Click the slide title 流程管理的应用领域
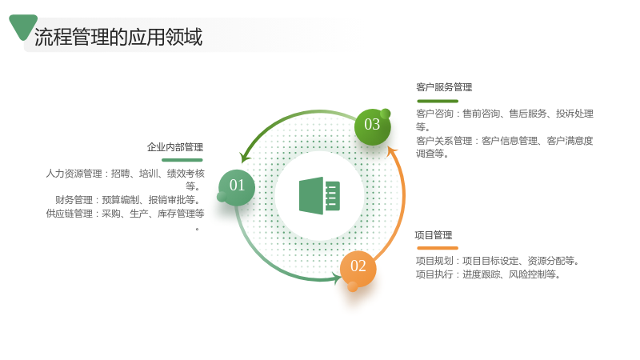click(x=118, y=37)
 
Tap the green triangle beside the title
click(x=23, y=26)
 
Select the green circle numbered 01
click(x=237, y=187)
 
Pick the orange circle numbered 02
click(x=358, y=269)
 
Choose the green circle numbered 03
click(x=372, y=126)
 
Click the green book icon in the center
click(x=319, y=195)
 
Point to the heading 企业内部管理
click(x=175, y=147)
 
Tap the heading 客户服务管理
click(x=444, y=87)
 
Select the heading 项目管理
click(x=434, y=235)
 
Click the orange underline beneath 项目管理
click(x=438, y=248)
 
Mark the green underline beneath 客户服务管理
click(x=438, y=101)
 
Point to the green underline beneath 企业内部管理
click(x=182, y=160)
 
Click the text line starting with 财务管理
click(x=129, y=200)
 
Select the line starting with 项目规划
click(x=498, y=261)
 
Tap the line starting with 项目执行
click(x=488, y=274)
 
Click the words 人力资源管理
click(x=74, y=174)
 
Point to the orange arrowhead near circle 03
click(x=392, y=151)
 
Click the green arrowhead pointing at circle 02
click(x=337, y=279)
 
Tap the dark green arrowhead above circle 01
click(x=245, y=158)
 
